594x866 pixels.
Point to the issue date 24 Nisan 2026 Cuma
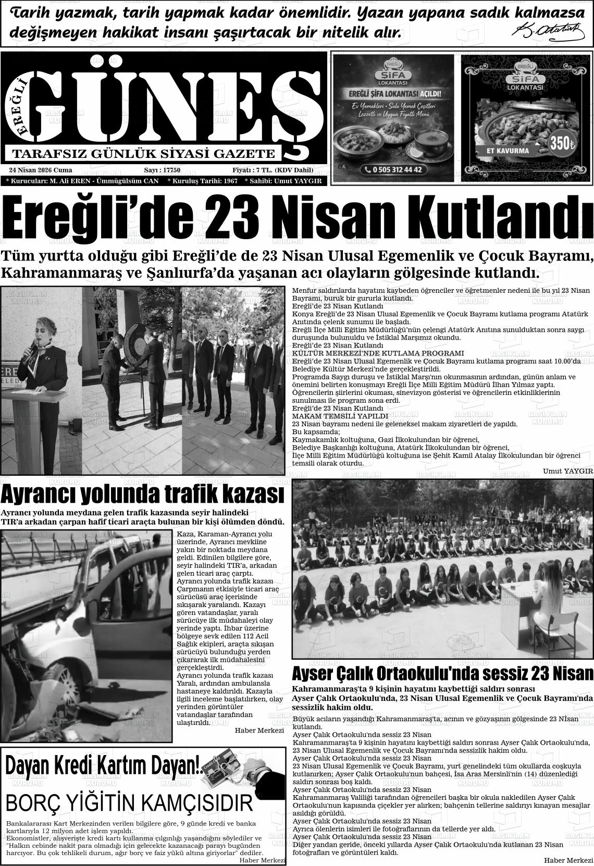tap(41, 170)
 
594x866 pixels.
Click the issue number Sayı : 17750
tap(162, 170)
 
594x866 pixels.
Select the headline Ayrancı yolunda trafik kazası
tap(142, 493)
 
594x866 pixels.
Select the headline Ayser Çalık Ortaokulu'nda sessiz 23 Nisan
tap(442, 673)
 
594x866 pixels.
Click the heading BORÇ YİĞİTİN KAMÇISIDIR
tap(129, 803)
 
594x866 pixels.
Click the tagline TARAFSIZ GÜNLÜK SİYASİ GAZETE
tap(143, 154)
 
